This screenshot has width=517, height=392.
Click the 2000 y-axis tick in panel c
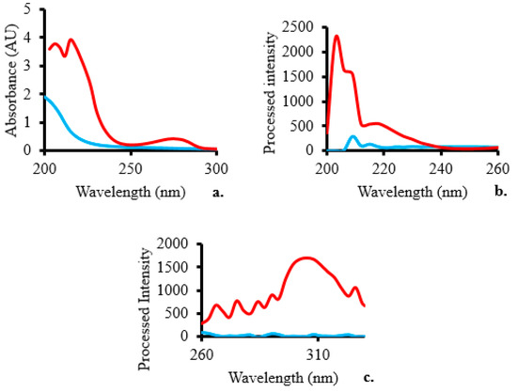pos(178,243)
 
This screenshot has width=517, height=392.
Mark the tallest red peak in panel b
pos(337,37)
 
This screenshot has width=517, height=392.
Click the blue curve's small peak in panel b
pos(352,137)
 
